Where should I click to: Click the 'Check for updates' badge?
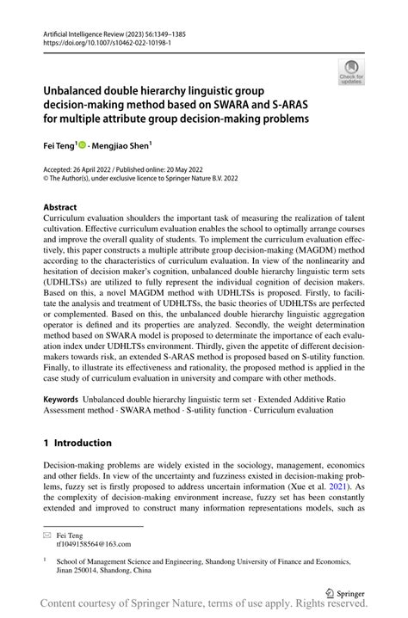(x=351, y=71)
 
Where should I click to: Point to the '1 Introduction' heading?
(x=77, y=443)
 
